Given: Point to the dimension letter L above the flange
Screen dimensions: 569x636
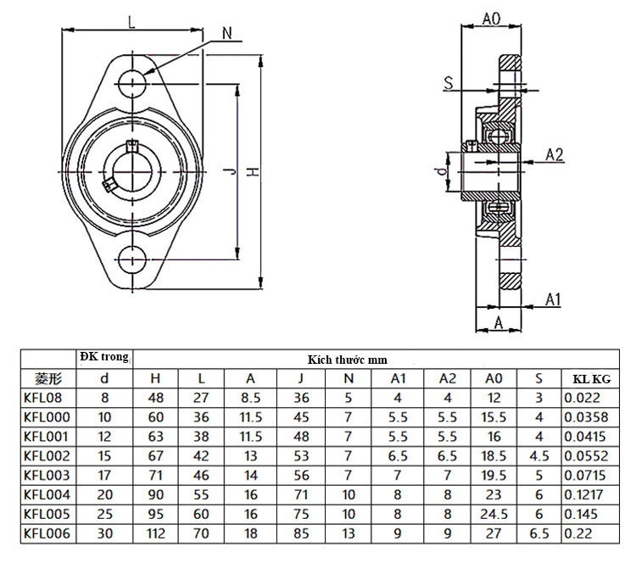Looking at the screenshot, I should click(x=131, y=22).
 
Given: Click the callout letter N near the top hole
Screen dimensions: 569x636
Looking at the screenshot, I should click(x=226, y=33).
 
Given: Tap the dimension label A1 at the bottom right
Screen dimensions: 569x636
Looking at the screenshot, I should click(x=553, y=298).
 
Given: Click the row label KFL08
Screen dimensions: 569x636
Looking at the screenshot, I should click(x=42, y=398).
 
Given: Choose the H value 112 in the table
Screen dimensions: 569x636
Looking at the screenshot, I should click(x=155, y=533).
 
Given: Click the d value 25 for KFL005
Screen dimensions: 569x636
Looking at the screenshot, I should click(x=104, y=514).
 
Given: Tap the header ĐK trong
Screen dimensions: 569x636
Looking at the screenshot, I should click(x=103, y=357).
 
